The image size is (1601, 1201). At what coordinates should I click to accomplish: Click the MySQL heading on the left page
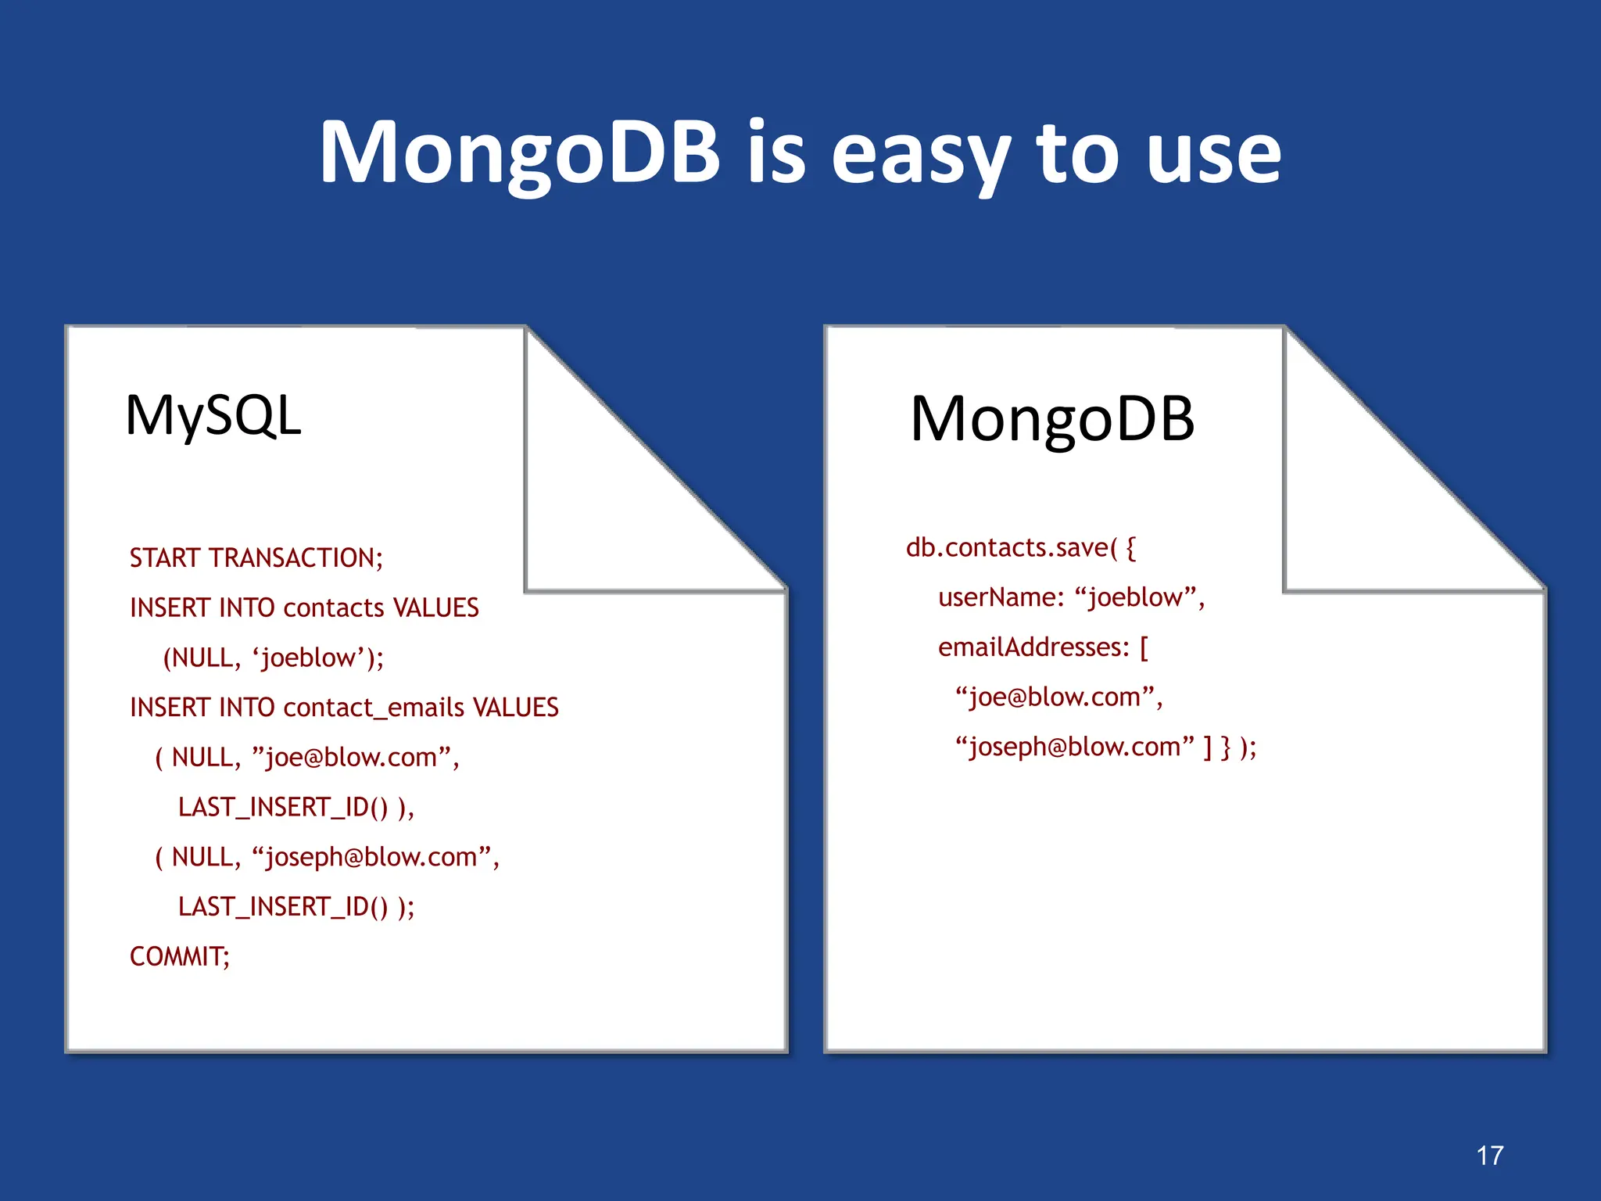click(213, 415)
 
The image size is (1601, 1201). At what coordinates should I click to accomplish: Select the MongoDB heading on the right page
click(1052, 419)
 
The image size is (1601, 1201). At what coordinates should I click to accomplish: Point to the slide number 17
click(1490, 1155)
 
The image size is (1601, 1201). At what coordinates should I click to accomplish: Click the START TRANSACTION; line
click(256, 558)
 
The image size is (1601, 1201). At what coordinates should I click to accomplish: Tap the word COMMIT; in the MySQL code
click(180, 956)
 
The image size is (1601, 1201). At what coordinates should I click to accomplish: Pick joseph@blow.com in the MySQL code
click(372, 857)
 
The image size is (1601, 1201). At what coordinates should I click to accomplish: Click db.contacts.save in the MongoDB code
click(1006, 548)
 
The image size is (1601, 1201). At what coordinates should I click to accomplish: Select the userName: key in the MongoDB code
click(1001, 597)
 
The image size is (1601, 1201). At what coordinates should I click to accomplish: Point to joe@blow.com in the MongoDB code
click(1055, 697)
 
